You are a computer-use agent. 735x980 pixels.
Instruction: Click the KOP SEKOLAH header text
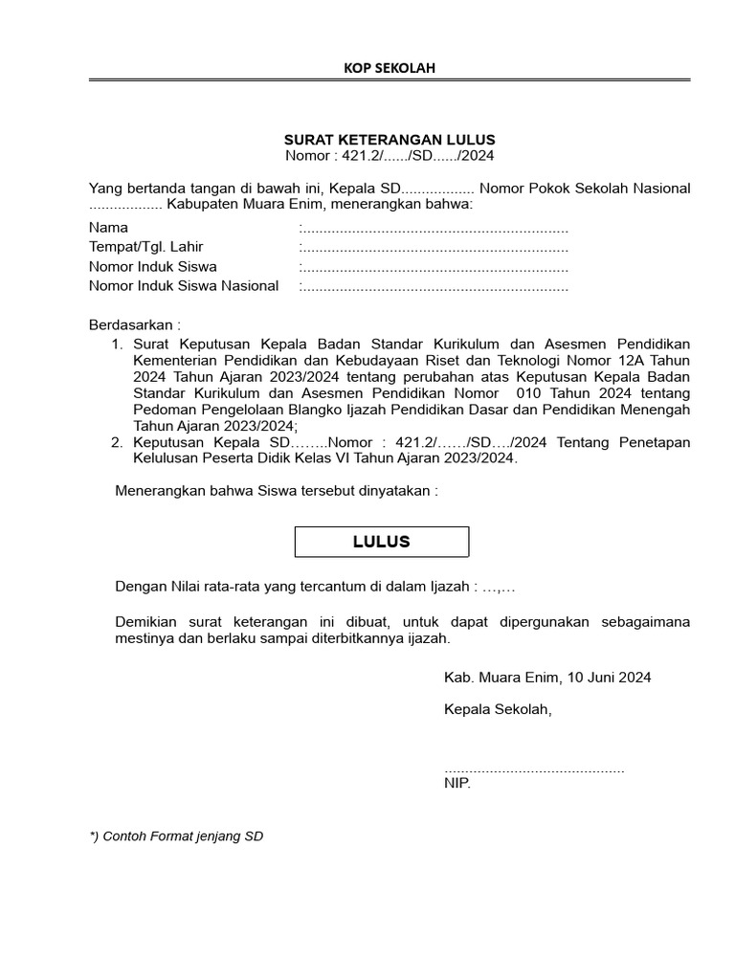point(390,67)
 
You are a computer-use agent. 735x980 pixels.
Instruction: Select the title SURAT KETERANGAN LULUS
point(390,140)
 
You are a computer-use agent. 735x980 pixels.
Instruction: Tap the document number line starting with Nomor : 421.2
point(390,155)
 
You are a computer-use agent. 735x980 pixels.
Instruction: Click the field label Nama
point(108,228)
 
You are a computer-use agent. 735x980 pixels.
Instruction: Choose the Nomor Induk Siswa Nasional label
point(184,285)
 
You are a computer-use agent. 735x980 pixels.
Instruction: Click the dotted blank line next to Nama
point(434,229)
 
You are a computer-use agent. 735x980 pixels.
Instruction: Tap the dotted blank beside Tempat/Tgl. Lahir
point(434,248)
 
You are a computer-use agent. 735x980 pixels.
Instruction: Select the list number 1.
point(117,343)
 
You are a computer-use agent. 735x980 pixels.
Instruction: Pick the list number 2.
point(117,442)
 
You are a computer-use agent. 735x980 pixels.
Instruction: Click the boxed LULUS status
point(381,542)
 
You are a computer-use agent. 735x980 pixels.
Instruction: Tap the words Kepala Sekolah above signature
point(498,709)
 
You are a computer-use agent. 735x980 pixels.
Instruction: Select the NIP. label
point(457,783)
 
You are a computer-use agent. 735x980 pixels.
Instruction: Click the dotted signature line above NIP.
point(534,768)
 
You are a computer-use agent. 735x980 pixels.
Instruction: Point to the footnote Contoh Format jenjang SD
point(176,835)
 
